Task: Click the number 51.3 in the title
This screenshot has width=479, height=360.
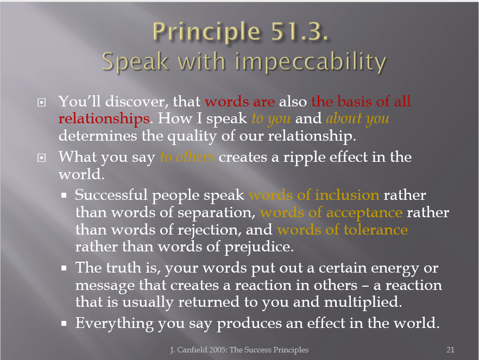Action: [299, 31]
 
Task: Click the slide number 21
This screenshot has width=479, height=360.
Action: [450, 350]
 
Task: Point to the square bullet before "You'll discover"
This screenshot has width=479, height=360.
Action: [41, 102]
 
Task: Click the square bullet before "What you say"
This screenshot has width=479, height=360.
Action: [41, 158]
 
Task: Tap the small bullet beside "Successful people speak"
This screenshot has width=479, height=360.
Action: [64, 195]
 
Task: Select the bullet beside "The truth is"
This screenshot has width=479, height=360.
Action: [64, 268]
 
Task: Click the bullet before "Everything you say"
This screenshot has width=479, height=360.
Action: [64, 324]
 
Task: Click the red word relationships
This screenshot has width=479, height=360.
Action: [104, 119]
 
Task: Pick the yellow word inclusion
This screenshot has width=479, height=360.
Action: [347, 195]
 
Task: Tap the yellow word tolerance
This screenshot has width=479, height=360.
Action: [376, 230]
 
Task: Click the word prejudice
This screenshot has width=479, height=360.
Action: [259, 247]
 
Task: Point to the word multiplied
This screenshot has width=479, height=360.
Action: [362, 302]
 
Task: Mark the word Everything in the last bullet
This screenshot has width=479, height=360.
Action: [115, 324]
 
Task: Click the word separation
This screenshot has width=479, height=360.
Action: [216, 213]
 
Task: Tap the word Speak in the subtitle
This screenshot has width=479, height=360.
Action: [135, 62]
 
